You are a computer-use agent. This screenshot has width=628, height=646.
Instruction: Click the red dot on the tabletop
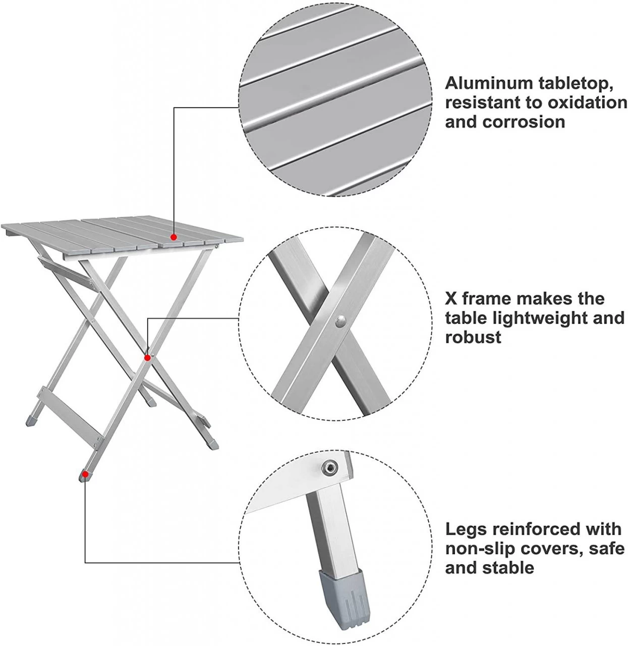tap(174, 237)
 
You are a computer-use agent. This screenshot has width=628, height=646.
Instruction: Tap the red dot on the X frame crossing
tap(147, 358)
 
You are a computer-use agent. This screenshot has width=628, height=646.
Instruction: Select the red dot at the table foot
tap(85, 474)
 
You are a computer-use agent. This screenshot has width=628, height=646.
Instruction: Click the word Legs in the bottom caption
tap(465, 529)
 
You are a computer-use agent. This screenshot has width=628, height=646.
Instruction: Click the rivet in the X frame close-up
tap(340, 320)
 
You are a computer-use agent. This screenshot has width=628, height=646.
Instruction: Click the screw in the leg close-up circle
tap(331, 468)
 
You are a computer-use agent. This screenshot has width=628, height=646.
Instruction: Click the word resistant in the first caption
tap(482, 103)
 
